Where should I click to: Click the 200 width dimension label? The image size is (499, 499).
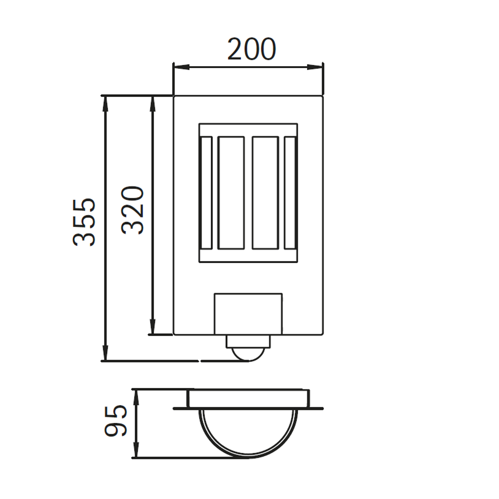pos(252,49)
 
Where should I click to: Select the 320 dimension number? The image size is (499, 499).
pos(132,210)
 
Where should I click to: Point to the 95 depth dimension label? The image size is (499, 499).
pos(116,421)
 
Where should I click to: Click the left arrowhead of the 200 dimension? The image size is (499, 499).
pos(181,67)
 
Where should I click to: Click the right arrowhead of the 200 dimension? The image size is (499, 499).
pos(315,67)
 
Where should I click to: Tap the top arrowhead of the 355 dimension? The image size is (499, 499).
pos(105,104)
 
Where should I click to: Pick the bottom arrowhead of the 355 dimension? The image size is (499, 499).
pos(105,353)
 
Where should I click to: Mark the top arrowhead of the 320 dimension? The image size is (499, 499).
pos(153,104)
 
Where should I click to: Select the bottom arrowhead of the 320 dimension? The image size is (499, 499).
pos(153,326)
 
